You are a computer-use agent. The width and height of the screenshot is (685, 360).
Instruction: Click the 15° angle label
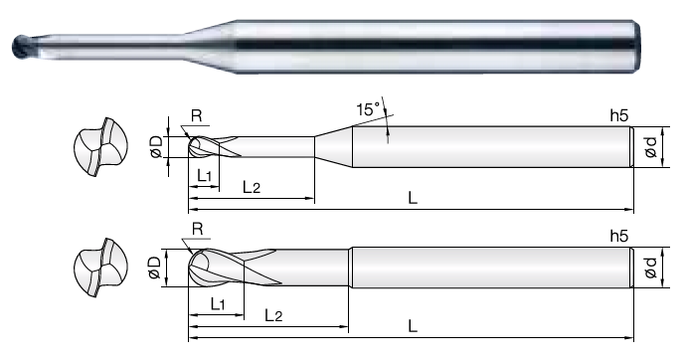click(x=368, y=109)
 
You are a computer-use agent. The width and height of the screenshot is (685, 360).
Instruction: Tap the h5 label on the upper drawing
click(x=619, y=115)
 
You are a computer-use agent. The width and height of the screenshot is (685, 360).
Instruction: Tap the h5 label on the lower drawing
click(x=619, y=236)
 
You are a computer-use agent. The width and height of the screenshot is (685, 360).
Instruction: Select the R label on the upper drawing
click(x=197, y=115)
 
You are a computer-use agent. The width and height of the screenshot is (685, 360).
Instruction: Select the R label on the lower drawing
click(x=198, y=229)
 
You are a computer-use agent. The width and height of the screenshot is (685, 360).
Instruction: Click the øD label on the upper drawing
click(x=156, y=146)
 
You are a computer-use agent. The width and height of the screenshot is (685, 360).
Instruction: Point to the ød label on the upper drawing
click(x=651, y=147)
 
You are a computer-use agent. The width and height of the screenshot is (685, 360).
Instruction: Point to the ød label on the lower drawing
click(x=651, y=267)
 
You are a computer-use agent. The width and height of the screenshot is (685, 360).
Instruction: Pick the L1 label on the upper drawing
click(x=205, y=176)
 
